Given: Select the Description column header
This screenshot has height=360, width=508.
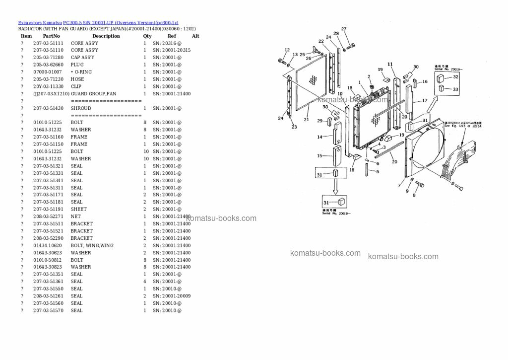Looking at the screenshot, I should [106, 36].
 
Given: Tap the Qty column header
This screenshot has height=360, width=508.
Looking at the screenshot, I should [147, 36].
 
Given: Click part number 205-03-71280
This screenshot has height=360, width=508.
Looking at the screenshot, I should [48, 58].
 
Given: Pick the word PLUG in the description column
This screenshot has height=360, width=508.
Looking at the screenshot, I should [77, 65].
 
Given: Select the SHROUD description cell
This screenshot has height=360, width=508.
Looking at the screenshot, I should [81, 108].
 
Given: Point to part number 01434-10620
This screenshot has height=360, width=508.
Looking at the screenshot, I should [48, 245].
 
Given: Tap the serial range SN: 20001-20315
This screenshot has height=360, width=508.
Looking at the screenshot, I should [171, 51].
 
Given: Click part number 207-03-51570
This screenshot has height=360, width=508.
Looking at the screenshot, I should [48, 310].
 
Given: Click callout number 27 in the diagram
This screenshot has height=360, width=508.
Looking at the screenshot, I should [344, 29].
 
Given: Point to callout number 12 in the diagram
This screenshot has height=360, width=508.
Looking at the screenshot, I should [287, 50].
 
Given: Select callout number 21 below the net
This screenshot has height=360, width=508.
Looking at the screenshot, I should [306, 120].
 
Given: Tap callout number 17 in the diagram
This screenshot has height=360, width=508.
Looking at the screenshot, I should [425, 101].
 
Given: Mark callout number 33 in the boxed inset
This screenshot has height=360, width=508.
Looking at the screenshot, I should [455, 89].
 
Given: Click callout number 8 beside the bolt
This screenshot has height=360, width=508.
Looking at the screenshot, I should [414, 195].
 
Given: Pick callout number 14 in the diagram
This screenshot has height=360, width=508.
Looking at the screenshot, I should [319, 137].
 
